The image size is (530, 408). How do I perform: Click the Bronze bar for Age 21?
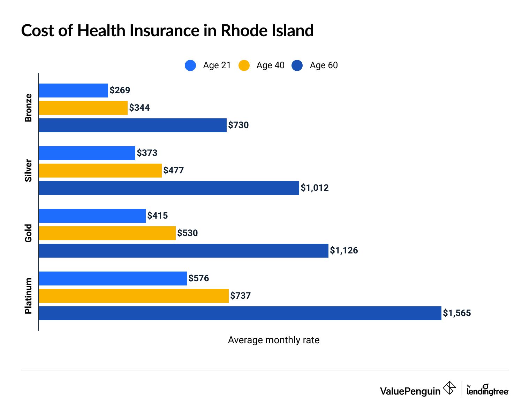point(73,91)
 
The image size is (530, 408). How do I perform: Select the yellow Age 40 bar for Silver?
point(100,171)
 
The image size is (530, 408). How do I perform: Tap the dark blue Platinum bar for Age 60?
point(240,313)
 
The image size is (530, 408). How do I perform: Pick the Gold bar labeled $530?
point(107,233)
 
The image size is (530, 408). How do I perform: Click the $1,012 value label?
point(315,188)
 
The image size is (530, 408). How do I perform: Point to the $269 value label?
point(120,91)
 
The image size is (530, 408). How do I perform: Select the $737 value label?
point(240,296)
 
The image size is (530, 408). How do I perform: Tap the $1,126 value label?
point(344,251)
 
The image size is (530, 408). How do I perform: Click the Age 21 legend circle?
point(190,65)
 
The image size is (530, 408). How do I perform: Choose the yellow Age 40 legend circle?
point(244,65)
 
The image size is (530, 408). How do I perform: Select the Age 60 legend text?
point(324,65)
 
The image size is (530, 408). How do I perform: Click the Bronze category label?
point(28,108)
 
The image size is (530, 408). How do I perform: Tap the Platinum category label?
point(28,296)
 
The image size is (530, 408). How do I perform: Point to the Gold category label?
point(28,233)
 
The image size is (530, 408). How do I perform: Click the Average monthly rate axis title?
point(273,340)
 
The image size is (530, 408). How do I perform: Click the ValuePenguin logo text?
point(410,391)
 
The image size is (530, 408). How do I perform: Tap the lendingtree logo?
point(487,390)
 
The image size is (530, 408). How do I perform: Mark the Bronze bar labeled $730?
point(132,125)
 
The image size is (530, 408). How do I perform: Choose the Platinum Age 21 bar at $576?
point(113,278)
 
